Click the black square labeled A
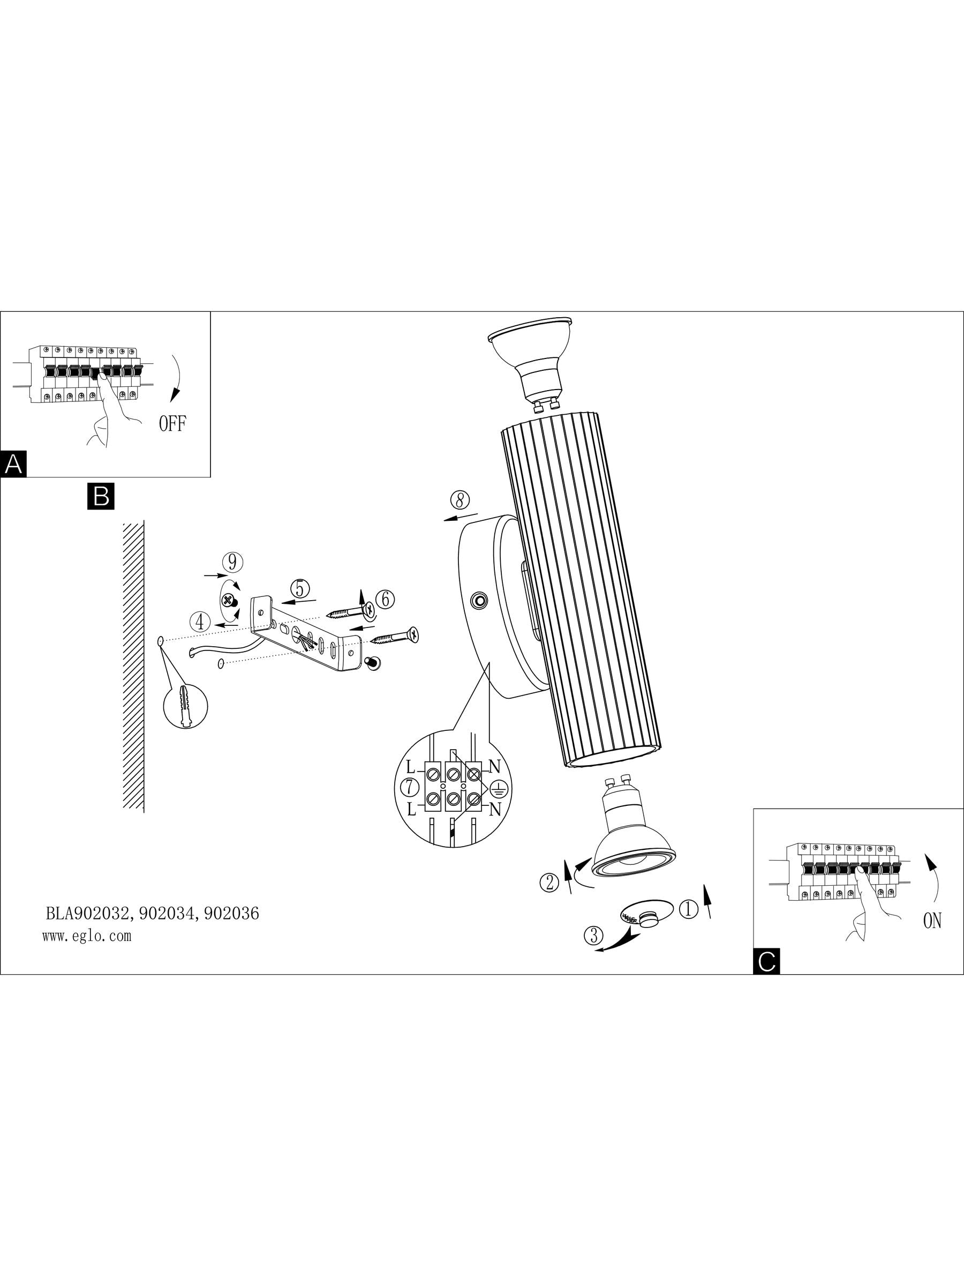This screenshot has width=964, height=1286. point(13,464)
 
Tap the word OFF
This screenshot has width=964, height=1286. point(172,423)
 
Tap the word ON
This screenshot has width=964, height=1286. point(931,921)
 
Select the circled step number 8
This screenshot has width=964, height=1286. point(460,500)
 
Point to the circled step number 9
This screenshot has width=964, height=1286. point(232,562)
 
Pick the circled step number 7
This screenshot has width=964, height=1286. point(410,788)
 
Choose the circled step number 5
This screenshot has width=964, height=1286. point(299,588)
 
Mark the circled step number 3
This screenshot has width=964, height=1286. point(594,936)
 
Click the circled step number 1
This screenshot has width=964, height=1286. point(689,909)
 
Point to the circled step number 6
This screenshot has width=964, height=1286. point(385,599)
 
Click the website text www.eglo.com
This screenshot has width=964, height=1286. point(87,936)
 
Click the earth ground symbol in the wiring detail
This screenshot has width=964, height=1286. point(499,788)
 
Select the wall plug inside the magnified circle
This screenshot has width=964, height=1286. point(186,706)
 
